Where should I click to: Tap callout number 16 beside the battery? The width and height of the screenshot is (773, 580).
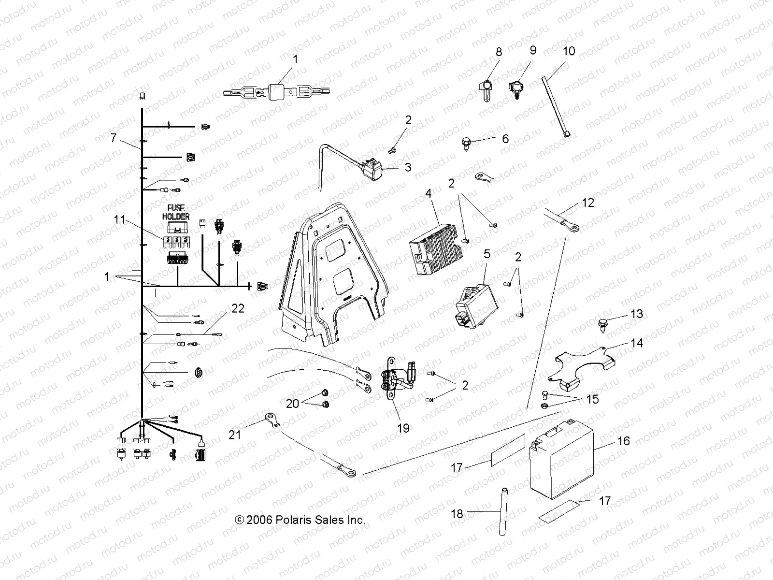tap(623, 441)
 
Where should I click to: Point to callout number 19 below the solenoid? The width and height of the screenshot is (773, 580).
tap(403, 428)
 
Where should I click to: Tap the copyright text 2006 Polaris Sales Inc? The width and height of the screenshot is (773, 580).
tap(300, 520)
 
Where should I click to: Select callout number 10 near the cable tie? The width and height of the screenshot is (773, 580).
tap(569, 51)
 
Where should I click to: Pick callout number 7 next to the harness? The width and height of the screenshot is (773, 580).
tap(114, 138)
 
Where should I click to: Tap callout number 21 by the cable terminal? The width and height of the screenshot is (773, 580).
tap(235, 435)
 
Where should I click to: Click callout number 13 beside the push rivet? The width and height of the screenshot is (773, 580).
tap(637, 314)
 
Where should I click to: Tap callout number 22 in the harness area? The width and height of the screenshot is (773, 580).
tap(237, 308)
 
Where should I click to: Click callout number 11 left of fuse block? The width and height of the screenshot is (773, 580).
tap(119, 220)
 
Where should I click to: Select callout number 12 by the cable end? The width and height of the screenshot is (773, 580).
tap(588, 203)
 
